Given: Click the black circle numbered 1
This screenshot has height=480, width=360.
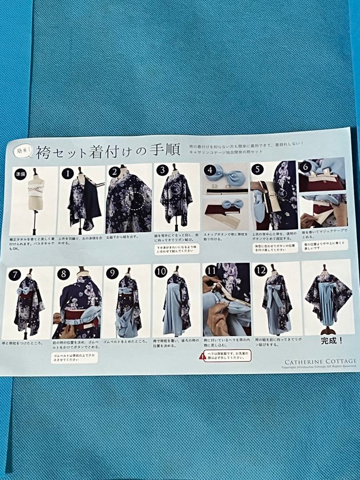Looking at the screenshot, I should click(67, 174).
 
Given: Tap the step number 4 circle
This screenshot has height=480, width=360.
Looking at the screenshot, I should click(211, 170).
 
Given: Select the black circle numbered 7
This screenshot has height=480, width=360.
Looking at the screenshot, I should click(15, 275).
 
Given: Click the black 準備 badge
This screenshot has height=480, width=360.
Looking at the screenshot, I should click(20, 173).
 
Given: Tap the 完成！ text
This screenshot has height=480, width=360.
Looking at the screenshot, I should click(332, 341).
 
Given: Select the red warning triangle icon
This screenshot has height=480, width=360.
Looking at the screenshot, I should click(203, 356).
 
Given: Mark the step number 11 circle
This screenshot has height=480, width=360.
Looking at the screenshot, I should click(210, 271).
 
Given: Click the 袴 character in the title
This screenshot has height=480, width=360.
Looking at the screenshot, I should click(44, 152).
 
